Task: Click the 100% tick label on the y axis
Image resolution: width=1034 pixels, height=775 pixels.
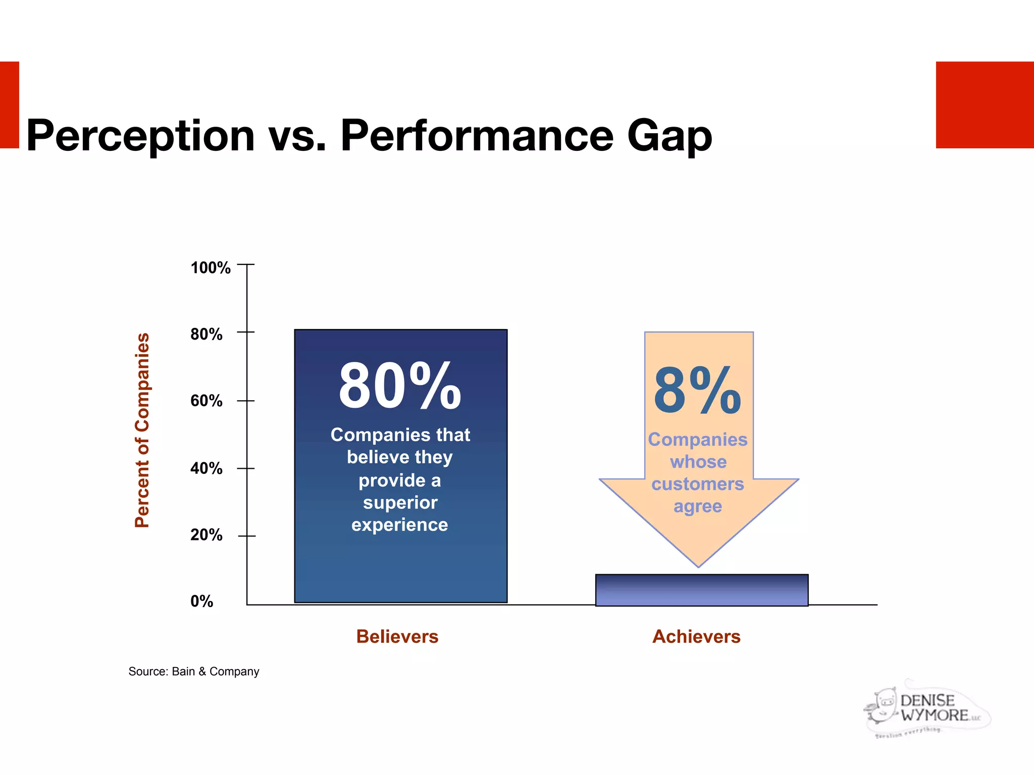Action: [x=211, y=267]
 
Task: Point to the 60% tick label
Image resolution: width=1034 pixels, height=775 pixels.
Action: [x=206, y=401]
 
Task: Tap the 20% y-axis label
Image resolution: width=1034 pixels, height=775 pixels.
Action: [x=206, y=535]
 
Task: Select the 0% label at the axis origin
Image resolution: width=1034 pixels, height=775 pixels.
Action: [x=201, y=601]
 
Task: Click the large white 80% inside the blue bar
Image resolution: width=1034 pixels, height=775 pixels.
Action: [x=400, y=386]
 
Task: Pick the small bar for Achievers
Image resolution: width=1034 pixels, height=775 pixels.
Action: [x=702, y=590]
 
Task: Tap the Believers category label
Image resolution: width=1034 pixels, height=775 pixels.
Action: [x=397, y=637]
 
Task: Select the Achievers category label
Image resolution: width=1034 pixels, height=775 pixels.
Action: [x=696, y=637]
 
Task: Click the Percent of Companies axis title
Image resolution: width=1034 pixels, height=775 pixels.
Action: [x=142, y=430]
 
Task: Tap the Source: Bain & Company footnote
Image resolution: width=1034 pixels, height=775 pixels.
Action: [x=194, y=672]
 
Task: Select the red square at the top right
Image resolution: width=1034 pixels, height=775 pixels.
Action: [x=985, y=105]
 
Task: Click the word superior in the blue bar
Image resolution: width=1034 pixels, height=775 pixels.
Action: [x=400, y=503]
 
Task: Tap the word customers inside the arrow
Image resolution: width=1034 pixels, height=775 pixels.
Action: [x=697, y=484]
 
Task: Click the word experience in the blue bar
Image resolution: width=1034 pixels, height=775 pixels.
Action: [x=400, y=525]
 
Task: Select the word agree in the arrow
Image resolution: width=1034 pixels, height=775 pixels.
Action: [x=697, y=506]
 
